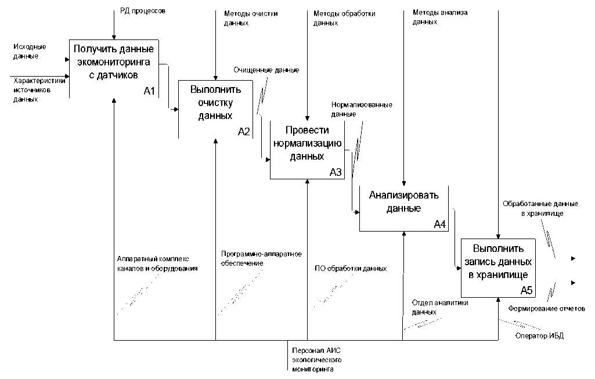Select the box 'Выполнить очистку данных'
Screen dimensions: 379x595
point(215,109)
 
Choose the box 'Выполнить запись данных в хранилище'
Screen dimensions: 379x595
point(498,268)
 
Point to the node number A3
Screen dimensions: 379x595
point(336,172)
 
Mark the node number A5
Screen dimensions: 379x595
point(527,290)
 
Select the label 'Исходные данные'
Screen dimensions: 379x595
point(30,51)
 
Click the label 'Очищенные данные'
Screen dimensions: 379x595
point(266,70)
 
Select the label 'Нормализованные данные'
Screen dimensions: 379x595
point(362,109)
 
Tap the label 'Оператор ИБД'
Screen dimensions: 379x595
point(539,336)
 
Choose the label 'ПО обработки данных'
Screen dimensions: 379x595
point(350,268)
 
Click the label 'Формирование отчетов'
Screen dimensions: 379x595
point(547,308)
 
